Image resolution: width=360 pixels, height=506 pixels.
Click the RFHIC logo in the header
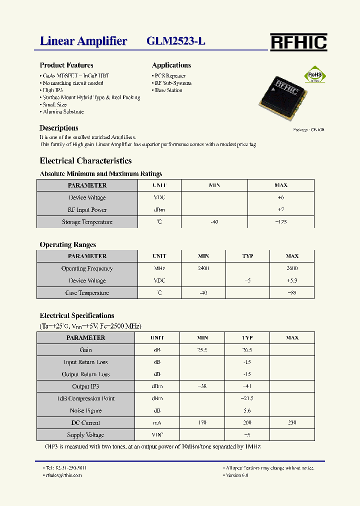click(x=298, y=42)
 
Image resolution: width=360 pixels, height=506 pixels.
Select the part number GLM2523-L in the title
click(x=176, y=41)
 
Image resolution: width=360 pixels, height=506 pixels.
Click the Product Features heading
click(x=66, y=65)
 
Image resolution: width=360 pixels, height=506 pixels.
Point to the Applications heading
click(x=171, y=65)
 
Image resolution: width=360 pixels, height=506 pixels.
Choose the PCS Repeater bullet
click(x=169, y=76)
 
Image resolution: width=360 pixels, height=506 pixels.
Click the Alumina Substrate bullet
click(x=63, y=112)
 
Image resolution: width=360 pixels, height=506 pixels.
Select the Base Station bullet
click(x=168, y=90)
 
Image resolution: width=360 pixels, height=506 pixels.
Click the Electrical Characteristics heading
click(x=85, y=161)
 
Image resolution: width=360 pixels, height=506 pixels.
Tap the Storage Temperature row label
click(x=87, y=222)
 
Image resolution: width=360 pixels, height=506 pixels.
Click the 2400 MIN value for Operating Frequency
click(x=203, y=268)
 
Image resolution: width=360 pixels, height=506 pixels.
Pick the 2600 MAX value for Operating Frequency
click(x=292, y=268)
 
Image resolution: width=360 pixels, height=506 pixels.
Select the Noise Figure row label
click(x=85, y=411)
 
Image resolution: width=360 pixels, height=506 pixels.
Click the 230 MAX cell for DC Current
click(x=292, y=423)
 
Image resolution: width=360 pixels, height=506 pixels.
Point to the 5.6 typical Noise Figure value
click(x=247, y=411)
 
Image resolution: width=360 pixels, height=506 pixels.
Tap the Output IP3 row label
click(x=85, y=386)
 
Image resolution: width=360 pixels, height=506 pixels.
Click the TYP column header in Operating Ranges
click(x=247, y=256)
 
